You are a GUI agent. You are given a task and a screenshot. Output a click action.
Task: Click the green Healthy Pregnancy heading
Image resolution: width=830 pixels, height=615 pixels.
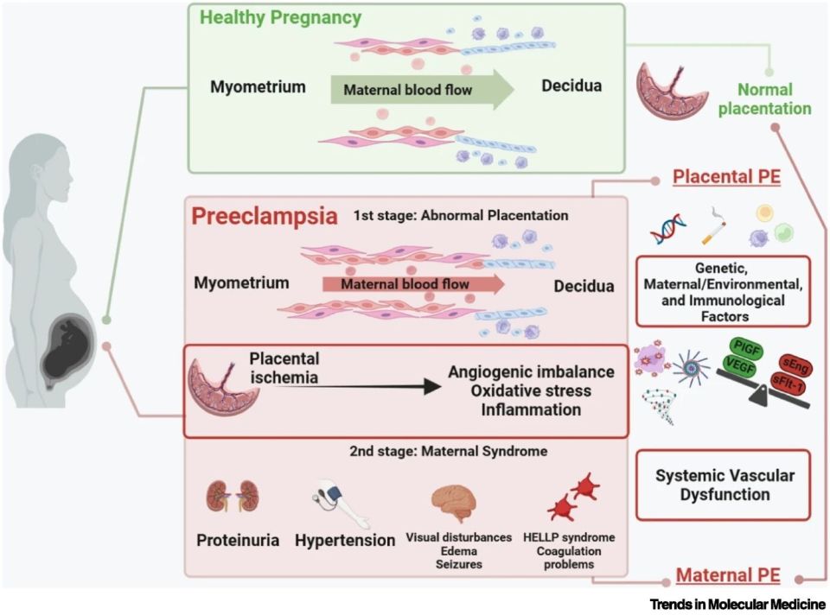coord(281,17)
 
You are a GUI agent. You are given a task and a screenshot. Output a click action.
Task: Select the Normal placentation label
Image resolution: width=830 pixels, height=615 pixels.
coord(774,98)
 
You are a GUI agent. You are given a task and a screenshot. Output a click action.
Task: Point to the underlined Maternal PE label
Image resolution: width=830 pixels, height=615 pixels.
coord(729,574)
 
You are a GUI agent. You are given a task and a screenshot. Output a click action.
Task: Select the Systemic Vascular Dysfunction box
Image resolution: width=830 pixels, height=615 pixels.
coord(724,485)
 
